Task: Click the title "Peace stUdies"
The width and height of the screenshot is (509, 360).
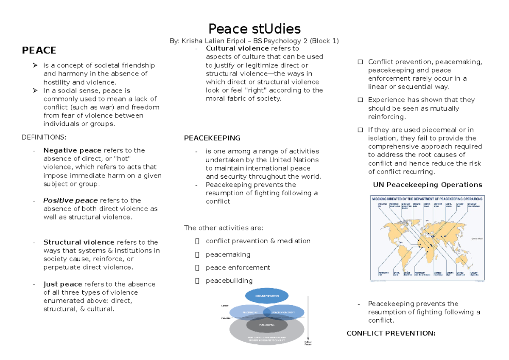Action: tap(254, 29)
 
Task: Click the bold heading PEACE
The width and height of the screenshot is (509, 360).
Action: tap(39, 51)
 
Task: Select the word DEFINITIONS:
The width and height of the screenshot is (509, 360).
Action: tap(44, 137)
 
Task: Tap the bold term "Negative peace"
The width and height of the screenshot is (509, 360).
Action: tap(72, 150)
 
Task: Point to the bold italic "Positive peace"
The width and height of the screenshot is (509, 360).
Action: tap(70, 200)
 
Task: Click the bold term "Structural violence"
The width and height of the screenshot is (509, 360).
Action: tap(79, 242)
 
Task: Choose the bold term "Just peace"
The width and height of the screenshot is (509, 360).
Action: tap(63, 284)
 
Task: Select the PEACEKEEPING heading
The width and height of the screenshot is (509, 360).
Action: tap(212, 138)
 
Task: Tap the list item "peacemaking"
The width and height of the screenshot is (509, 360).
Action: tap(228, 254)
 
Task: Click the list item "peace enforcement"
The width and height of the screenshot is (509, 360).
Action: tap(238, 267)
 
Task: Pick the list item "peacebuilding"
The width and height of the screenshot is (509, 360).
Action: tap(229, 281)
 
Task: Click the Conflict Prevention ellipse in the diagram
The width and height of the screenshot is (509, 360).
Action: tap(267, 295)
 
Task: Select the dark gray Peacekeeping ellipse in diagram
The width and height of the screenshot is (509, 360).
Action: tap(267, 325)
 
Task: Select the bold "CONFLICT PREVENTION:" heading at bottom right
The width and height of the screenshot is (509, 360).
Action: tap(391, 333)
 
